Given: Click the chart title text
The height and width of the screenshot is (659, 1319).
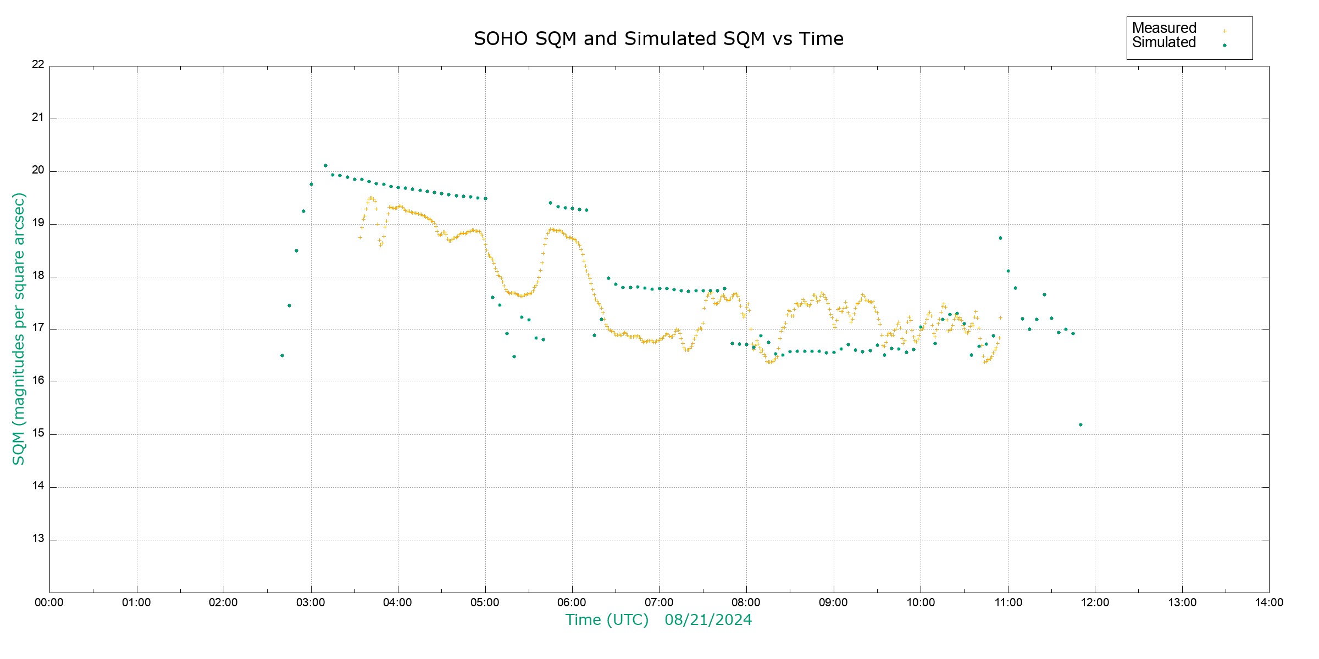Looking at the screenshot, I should click(x=658, y=39).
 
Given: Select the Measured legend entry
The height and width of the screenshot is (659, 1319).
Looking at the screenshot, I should click(x=1164, y=28).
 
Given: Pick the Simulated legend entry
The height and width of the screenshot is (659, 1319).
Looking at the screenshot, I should click(x=1164, y=43).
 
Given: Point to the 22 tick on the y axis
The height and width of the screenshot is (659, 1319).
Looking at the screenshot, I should click(x=38, y=64).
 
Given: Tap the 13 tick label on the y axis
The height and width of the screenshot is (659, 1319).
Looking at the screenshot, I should click(x=38, y=539).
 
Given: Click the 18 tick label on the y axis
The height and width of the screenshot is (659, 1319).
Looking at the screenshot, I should click(x=38, y=276).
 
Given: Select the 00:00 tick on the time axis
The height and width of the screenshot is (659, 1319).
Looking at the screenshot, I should click(x=49, y=602).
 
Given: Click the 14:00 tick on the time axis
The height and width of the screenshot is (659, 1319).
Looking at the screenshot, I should click(x=1269, y=602).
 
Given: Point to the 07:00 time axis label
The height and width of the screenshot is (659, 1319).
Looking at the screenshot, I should click(x=659, y=602).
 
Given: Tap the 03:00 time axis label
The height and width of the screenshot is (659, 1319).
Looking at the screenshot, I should click(x=311, y=602).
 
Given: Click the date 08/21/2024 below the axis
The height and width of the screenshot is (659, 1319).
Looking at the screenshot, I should click(x=708, y=620).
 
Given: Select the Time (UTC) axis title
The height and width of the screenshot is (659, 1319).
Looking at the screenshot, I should click(x=607, y=620).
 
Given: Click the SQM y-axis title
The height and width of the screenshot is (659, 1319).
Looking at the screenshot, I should click(x=19, y=328).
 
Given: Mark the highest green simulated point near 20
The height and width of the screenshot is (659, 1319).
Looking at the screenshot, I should click(x=325, y=165).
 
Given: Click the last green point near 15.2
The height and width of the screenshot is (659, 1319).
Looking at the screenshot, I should click(x=1080, y=425).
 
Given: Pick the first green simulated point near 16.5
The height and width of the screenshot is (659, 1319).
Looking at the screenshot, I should click(x=282, y=355).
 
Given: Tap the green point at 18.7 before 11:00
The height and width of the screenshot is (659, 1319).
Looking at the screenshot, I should click(x=1000, y=238).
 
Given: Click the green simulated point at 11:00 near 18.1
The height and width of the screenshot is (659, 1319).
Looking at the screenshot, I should click(x=1008, y=271).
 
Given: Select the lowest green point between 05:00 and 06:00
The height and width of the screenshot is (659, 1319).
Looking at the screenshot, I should click(x=514, y=356).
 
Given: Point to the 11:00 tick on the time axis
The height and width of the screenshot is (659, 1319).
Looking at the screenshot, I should click(x=1008, y=602).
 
